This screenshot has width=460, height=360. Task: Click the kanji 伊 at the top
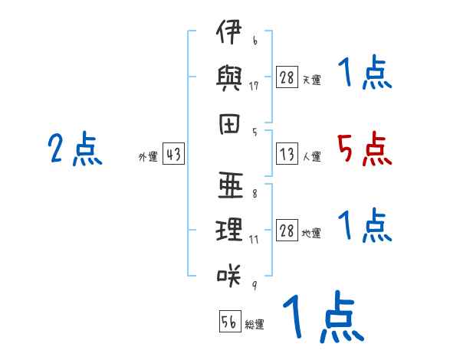[x=229, y=31]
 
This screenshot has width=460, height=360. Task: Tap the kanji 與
[x=228, y=78]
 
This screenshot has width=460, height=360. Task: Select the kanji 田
[x=229, y=124]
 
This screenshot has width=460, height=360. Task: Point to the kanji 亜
[x=231, y=185]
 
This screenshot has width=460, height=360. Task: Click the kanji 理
[x=229, y=230]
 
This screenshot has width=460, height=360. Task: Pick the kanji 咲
[x=229, y=275]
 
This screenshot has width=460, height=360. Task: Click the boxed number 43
[x=173, y=153]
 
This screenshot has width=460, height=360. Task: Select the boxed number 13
[x=287, y=153]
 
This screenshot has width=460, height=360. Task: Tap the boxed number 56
[x=230, y=321]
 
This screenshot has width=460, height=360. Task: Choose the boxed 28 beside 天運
[x=287, y=77]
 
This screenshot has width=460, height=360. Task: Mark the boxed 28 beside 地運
[x=287, y=230]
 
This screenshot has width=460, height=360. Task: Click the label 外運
[x=148, y=157]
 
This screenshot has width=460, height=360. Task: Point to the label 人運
[x=312, y=156]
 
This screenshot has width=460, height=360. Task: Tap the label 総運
[x=255, y=325]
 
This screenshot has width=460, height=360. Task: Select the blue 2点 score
[x=75, y=149]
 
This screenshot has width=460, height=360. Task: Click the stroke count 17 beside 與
[x=254, y=86]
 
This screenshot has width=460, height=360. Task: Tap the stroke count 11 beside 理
[x=254, y=240]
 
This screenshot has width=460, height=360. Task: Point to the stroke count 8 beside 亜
[x=255, y=194]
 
